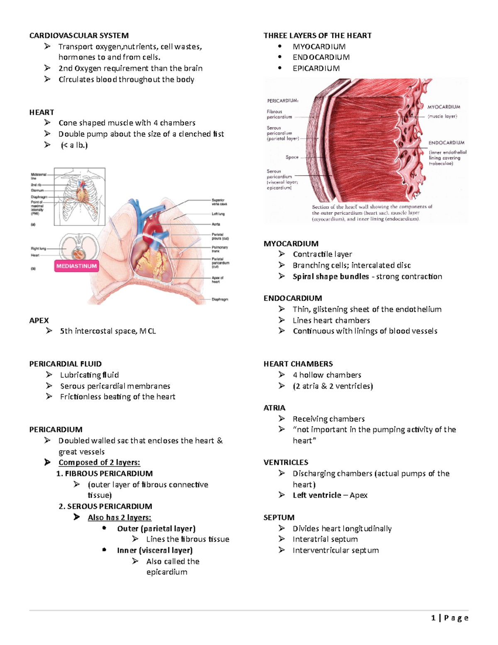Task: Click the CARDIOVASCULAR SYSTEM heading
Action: point(79,36)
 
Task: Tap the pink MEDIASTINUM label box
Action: point(77,266)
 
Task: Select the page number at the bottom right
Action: point(450,618)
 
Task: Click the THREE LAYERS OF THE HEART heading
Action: point(317,36)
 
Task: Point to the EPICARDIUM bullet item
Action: point(316,69)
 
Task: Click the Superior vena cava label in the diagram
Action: point(219,202)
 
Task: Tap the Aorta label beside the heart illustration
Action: point(216,224)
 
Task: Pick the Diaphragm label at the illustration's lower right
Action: point(220,299)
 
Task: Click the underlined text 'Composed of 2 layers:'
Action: point(99,463)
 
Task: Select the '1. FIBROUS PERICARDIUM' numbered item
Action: point(105,473)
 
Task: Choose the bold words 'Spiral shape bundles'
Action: point(330,277)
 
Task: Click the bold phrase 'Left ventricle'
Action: point(317,495)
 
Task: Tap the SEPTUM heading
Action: point(279,517)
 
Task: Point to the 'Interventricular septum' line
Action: point(335,550)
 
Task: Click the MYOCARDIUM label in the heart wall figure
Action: point(444,107)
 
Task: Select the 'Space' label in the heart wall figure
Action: point(292,157)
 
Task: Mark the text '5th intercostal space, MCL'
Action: point(108,331)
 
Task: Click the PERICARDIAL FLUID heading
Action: point(65,364)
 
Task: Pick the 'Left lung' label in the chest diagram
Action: point(218,214)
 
